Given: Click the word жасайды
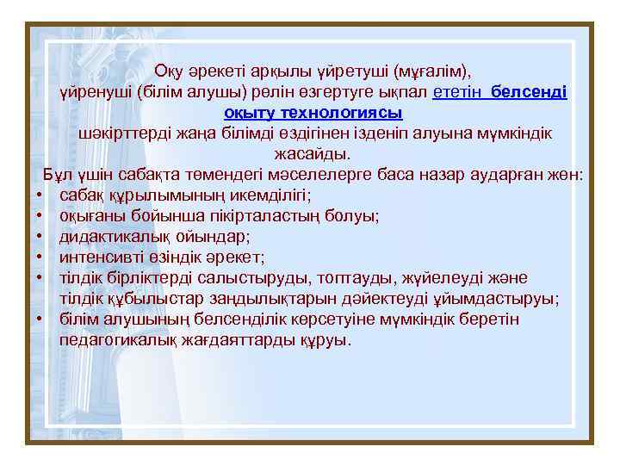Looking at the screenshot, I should [313, 155].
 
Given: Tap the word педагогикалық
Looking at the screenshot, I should [118, 340].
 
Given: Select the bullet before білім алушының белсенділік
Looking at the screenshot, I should [41, 319].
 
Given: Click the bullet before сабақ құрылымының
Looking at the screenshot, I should [41, 196].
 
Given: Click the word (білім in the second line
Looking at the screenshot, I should [161, 91].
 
